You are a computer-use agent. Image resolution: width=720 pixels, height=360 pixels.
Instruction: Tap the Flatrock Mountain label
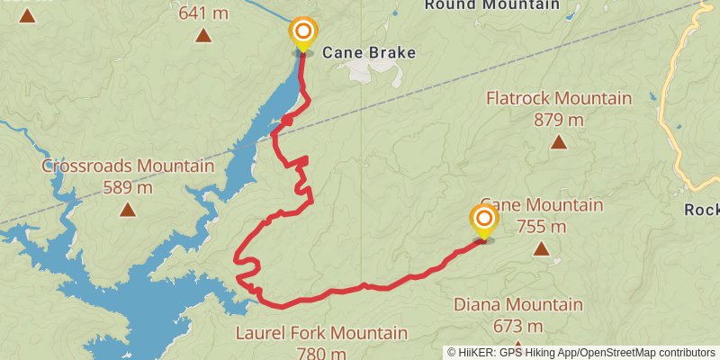558,98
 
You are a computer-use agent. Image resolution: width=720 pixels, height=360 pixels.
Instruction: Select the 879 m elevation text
558,120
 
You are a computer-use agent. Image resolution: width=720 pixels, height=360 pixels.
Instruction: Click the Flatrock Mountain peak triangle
559,142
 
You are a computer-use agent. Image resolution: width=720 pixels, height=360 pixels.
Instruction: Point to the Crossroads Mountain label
128,166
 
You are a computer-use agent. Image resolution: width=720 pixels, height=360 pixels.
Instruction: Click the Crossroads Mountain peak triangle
128,210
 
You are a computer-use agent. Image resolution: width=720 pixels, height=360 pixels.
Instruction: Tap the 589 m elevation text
128,187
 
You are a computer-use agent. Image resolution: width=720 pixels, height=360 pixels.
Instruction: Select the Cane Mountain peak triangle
541,249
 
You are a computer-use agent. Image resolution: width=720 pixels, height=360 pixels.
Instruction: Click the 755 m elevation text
541,227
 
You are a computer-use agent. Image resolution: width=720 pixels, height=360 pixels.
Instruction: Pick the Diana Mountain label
517,305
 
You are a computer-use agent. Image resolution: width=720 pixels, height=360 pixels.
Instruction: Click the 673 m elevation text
517,326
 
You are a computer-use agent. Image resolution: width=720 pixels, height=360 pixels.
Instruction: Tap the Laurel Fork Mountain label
321,334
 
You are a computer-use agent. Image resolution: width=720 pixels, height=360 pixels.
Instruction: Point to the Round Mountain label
491,5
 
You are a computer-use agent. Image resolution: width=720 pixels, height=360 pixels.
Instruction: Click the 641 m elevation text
203,13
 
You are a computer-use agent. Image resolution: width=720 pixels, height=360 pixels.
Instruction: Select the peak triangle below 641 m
203,36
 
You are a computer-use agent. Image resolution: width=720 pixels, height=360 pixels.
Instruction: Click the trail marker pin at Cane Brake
303,33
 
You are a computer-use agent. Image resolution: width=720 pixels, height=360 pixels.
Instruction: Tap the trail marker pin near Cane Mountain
484,221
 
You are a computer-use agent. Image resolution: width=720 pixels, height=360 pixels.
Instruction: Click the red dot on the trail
287,121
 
